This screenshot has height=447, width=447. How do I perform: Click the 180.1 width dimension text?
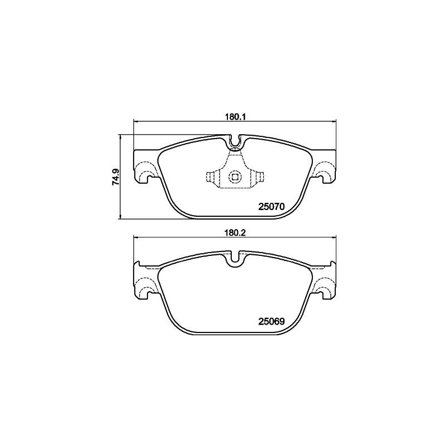[235, 117]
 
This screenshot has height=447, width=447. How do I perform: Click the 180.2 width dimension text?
[235, 232]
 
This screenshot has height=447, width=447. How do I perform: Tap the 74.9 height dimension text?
[116, 177]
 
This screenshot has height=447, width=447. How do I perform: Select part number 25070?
[272, 207]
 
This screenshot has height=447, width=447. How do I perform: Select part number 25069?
[272, 322]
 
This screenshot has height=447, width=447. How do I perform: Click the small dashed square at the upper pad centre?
[235, 177]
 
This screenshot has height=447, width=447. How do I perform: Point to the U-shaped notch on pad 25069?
[235, 258]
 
